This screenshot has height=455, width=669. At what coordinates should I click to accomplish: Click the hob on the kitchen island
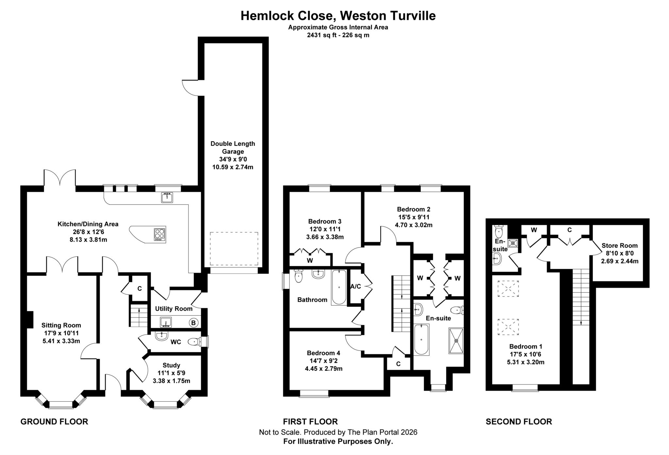tap(160, 234)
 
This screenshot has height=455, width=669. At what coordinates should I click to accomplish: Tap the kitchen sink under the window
tap(167, 197)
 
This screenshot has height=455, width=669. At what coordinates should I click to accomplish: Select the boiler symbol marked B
tap(193, 323)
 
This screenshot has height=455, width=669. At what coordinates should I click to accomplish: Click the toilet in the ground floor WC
tap(195, 342)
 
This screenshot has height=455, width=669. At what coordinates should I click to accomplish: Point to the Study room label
tap(171, 365)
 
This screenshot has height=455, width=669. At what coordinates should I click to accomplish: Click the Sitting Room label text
tap(61, 325)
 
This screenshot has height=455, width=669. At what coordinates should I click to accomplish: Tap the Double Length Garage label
tap(233, 148)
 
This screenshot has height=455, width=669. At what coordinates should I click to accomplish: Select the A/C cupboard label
tap(356, 287)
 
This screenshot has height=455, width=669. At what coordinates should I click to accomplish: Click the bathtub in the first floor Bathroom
tap(339, 287)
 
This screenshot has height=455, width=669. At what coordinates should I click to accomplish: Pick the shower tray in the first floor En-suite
tap(456, 341)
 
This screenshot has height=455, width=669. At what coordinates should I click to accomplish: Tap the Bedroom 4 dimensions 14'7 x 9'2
tap(323, 361)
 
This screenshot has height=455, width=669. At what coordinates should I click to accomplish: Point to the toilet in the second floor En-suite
tap(499, 231)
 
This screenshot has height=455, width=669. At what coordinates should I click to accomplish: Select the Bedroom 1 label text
tap(526, 347)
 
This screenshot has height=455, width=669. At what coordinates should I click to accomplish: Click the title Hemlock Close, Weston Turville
tap(338, 16)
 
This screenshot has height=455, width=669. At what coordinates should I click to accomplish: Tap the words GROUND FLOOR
tap(54, 422)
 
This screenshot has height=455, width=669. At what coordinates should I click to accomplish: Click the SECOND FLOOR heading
tap(519, 422)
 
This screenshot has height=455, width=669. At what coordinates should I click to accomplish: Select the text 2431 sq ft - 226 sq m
tap(338, 35)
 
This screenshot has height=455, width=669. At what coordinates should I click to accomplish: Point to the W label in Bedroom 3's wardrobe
tap(310, 260)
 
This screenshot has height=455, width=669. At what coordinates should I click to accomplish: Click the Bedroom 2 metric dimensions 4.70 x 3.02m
tap(414, 225)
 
